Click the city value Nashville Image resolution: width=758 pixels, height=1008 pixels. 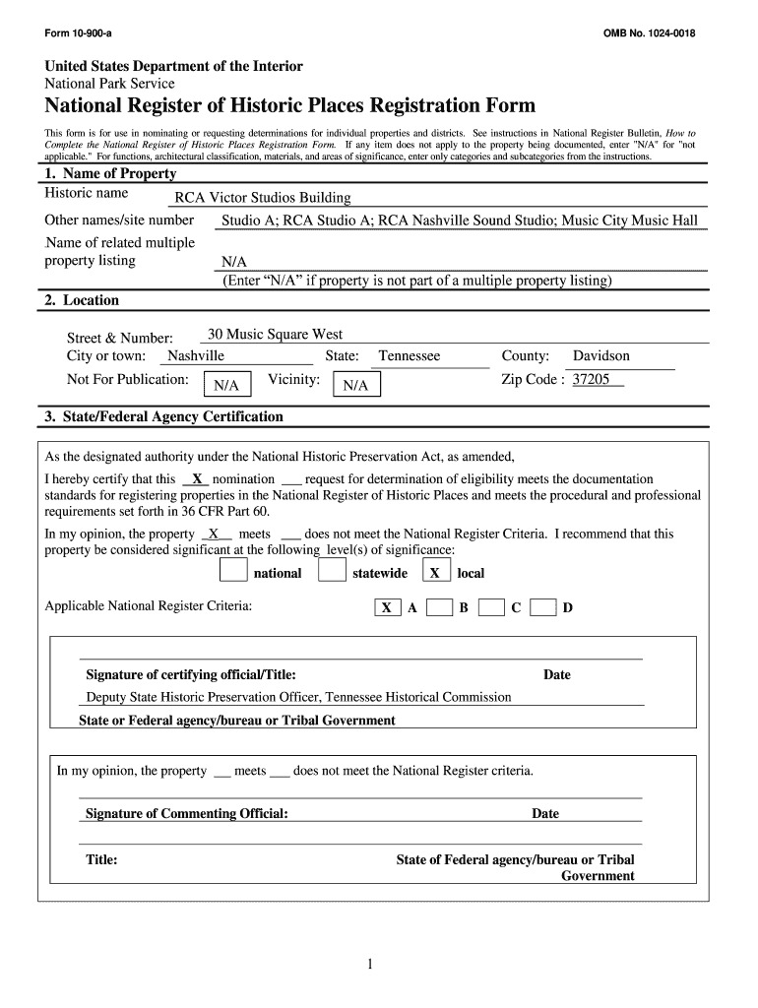(195, 356)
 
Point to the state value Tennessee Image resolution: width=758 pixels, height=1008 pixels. (410, 356)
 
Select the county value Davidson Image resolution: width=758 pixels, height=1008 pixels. (601, 356)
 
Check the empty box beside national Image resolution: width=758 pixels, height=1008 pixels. (233, 571)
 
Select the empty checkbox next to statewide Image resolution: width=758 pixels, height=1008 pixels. (333, 571)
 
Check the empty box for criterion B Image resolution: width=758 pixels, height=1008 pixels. (439, 607)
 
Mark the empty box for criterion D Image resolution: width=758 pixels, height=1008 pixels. (542, 607)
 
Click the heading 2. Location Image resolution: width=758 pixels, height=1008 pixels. (82, 300)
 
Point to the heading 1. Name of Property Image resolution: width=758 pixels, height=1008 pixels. (110, 174)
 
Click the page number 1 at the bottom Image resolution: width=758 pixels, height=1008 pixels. (369, 965)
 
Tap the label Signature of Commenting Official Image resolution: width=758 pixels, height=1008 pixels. (187, 814)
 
